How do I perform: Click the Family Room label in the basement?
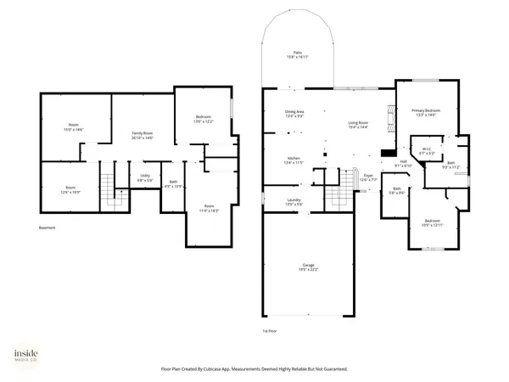[143, 134]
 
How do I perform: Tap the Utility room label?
[145, 177]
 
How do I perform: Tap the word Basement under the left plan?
[48, 228]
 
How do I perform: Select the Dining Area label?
[294, 114]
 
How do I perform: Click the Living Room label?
[358, 124]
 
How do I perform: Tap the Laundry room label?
[294, 202]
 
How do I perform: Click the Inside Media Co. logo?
[24, 357]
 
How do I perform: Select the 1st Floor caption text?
[271, 330]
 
